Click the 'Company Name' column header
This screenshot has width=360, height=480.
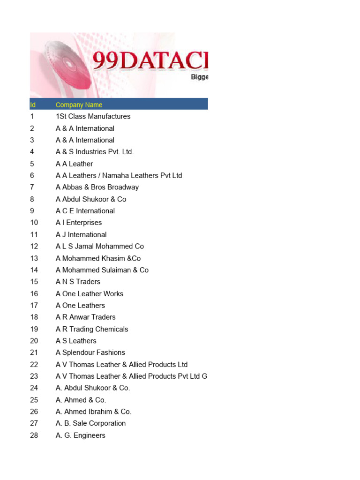click(79, 105)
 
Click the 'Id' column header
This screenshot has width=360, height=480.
click(33, 105)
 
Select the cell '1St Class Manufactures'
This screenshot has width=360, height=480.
click(93, 116)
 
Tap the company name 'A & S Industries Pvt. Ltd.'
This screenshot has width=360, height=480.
click(95, 152)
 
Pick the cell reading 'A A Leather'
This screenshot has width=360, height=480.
click(74, 164)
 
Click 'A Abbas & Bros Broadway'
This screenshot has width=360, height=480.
click(97, 187)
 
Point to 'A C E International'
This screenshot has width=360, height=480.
click(85, 211)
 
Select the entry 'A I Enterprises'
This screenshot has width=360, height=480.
click(78, 223)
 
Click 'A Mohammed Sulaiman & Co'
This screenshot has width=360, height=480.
click(102, 270)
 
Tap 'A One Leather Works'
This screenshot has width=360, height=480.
click(89, 293)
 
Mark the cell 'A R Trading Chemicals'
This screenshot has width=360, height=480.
click(91, 329)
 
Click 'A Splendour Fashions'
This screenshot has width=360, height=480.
click(90, 352)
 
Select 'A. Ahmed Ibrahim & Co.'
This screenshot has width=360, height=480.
click(93, 412)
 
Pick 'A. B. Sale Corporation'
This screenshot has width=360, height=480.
click(90, 423)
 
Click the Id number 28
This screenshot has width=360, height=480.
click(34, 435)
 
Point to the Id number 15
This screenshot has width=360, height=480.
click(34, 282)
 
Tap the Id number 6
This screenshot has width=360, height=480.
click(32, 175)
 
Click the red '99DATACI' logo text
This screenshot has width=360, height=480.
click(150, 61)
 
